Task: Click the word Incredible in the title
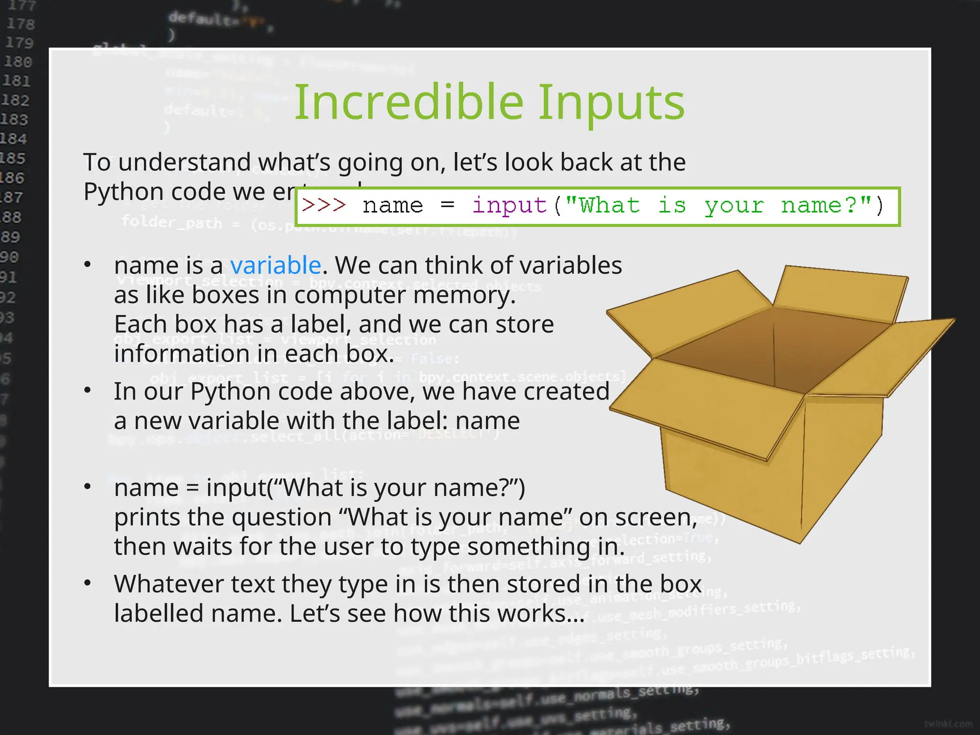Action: click(409, 102)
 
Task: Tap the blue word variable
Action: click(275, 265)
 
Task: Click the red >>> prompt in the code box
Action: click(324, 206)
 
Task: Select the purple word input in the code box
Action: click(509, 206)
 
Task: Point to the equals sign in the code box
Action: click(447, 206)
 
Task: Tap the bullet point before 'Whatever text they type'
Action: click(88, 583)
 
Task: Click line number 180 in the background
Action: click(18, 62)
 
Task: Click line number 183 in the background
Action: click(14, 119)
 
